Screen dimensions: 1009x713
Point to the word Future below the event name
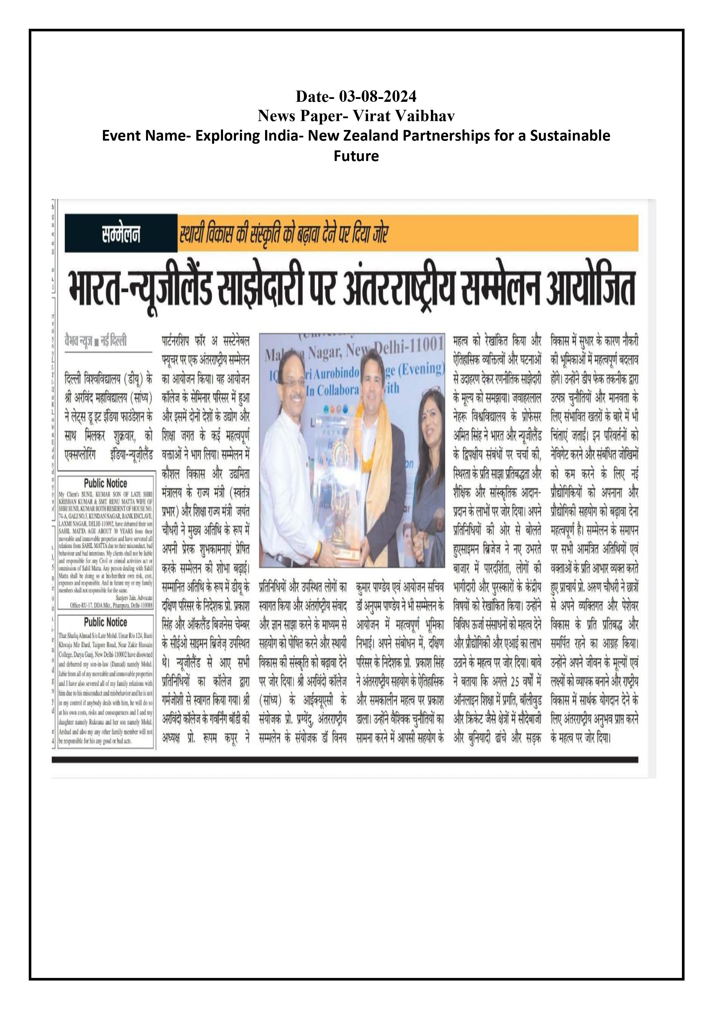coord(356,156)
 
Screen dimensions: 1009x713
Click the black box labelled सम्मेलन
coord(121,233)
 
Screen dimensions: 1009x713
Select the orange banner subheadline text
coord(283,233)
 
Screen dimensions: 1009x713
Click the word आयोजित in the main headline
coord(591,289)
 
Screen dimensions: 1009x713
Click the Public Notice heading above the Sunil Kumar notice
coord(106,483)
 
